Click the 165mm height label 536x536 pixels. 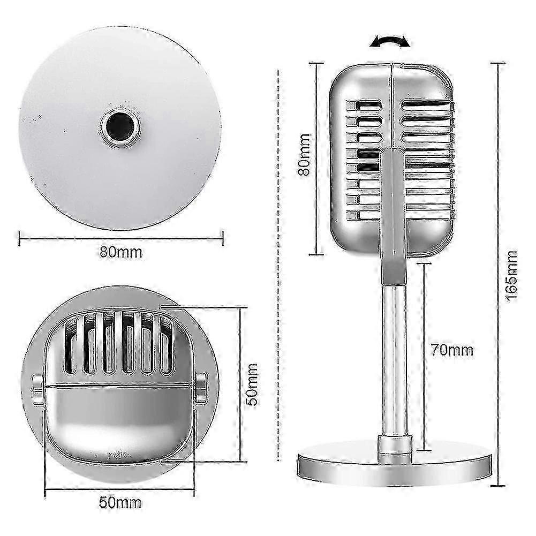pos(512,276)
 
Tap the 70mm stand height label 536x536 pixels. pos(452,350)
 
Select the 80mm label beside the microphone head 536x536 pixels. pos(304,155)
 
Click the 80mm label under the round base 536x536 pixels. pos(120,252)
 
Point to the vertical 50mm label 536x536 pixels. pos(252,384)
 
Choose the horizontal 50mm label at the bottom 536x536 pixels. pos(120,502)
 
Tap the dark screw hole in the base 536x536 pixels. pos(119,126)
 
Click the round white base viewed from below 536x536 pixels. pos(120,128)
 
